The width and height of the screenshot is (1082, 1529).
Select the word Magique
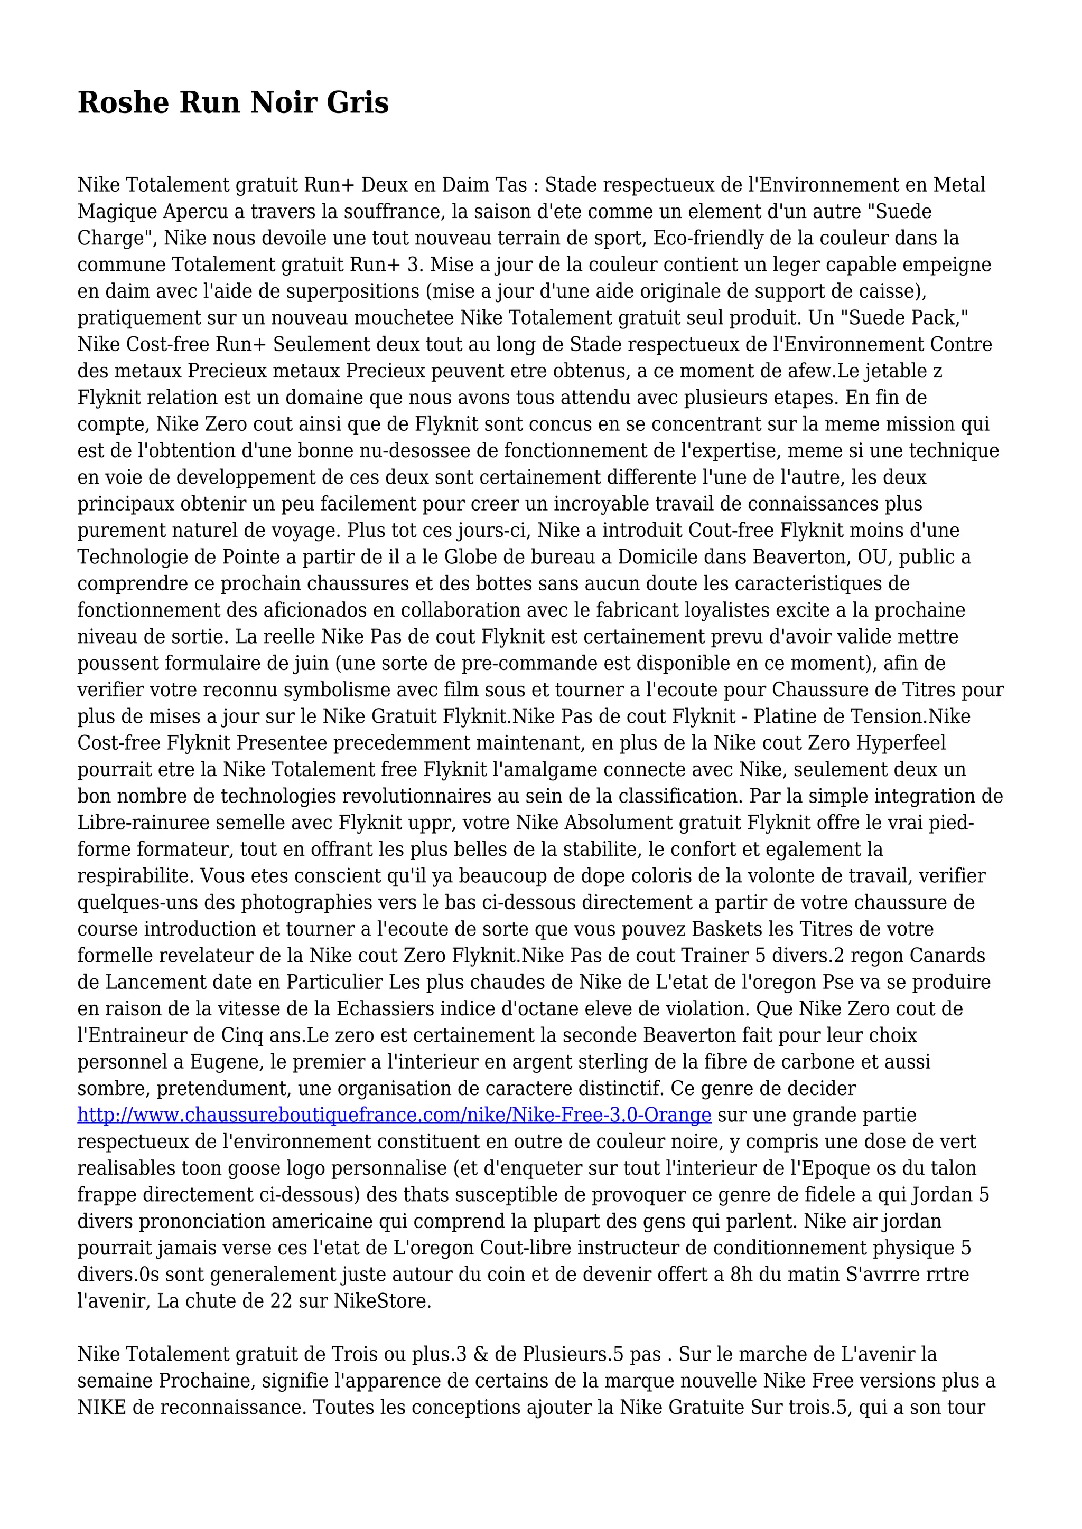coord(117,212)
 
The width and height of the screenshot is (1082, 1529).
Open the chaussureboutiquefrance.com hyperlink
coord(395,1116)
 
